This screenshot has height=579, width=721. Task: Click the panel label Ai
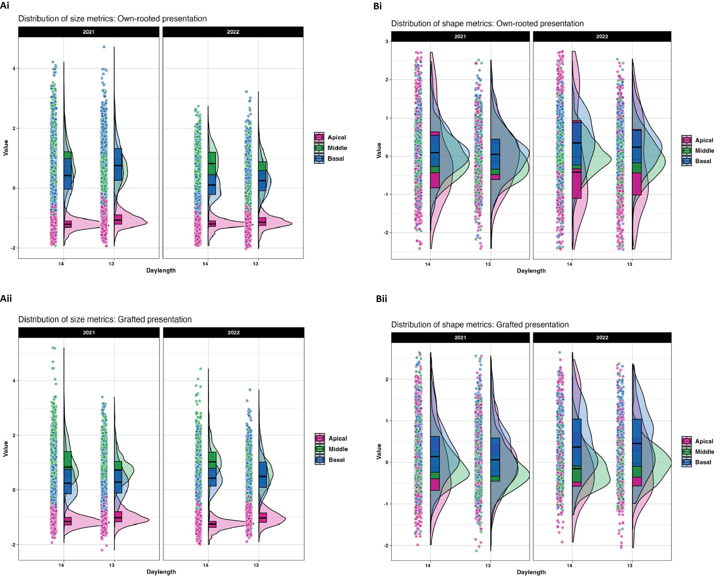[x=5, y=6]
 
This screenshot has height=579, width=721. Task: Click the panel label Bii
[x=381, y=299]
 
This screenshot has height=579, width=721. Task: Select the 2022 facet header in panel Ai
[x=233, y=32]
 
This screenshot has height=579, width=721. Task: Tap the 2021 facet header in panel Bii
[x=460, y=338]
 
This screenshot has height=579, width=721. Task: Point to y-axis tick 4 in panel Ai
[x=14, y=68]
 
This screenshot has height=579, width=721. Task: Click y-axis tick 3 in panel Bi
[x=387, y=42]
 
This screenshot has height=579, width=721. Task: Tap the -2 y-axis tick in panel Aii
[x=13, y=545]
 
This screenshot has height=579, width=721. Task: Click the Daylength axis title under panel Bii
[x=531, y=572]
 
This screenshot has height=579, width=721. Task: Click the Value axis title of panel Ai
[x=5, y=148]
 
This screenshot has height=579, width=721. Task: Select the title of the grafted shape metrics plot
[x=480, y=325]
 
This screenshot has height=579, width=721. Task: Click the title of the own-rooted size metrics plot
[x=112, y=18]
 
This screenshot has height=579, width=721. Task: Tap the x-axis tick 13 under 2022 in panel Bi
[x=629, y=264]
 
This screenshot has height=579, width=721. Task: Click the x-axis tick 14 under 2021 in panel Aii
[x=61, y=565]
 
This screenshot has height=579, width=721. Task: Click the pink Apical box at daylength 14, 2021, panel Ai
[x=68, y=224]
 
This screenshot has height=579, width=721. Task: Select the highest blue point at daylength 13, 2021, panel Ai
[x=104, y=47]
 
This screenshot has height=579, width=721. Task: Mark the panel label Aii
[x=6, y=298]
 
